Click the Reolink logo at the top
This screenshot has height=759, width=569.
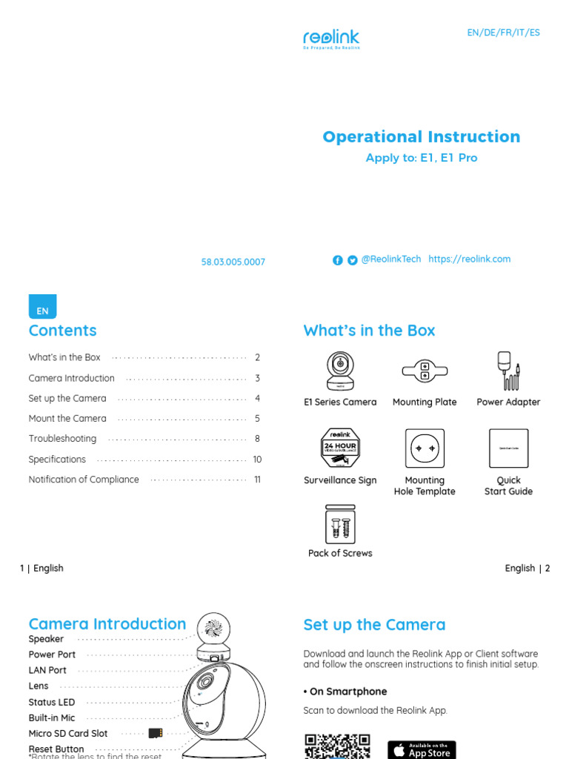coord(331,39)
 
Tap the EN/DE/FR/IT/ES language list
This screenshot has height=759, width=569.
coord(503,33)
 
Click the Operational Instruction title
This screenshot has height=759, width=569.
coord(421,136)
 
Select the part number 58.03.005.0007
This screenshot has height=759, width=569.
coord(233,262)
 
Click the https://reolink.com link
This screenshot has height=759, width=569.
coord(469,259)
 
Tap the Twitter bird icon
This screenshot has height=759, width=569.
coord(352,260)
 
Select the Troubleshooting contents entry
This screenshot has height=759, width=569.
coord(62,439)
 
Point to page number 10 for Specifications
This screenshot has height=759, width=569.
coord(257,460)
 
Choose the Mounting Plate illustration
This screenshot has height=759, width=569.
coord(424,370)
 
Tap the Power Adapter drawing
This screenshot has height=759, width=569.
coord(508,371)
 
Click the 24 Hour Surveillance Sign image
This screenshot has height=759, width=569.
coord(340,449)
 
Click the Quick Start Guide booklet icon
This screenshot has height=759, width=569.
coord(508,448)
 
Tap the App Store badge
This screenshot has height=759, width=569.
coord(422,749)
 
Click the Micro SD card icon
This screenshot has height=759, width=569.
coord(156,733)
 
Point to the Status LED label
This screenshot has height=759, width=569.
coord(52,702)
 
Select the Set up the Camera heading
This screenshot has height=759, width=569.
coord(374,625)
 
